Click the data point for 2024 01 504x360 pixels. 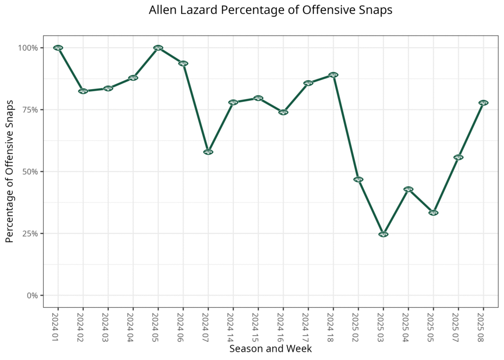(x=58, y=48)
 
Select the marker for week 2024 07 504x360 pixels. (x=208, y=152)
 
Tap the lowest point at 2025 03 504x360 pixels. (x=383, y=234)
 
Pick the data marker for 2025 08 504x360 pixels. (x=483, y=103)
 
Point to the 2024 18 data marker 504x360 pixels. (x=333, y=75)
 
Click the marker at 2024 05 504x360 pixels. (x=158, y=48)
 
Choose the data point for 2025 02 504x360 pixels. (x=358, y=179)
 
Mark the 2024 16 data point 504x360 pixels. (x=283, y=112)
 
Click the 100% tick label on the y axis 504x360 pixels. (x=28, y=48)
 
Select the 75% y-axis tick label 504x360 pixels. (x=30, y=110)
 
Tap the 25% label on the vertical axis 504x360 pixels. (x=30, y=233)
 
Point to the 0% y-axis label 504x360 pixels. (x=32, y=295)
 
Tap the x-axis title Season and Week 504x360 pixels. (x=270, y=349)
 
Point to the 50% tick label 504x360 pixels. (x=30, y=172)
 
